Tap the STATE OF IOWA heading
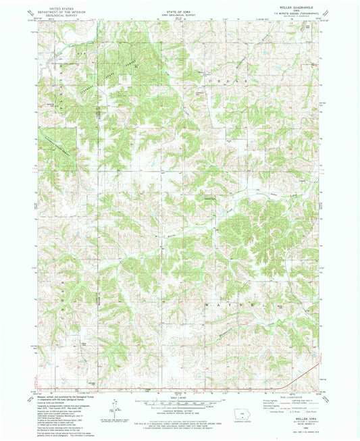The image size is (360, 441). click(179, 7)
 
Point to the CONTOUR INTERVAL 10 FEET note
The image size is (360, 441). click(179, 409)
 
